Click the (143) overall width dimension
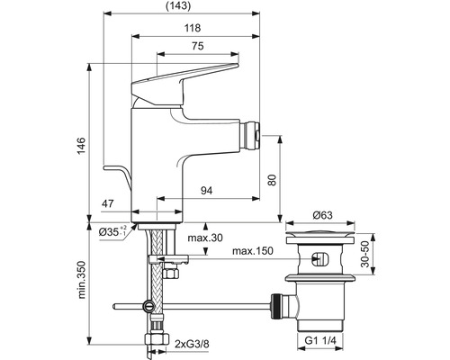coord(178,5)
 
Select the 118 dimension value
coord(193,28)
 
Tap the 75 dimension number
coord(198,46)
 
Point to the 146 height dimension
coord(81,146)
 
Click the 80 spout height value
coord(272,180)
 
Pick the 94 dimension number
coord(206,190)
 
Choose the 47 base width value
coord(107,203)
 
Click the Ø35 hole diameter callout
coord(112,231)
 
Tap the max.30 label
coord(205,238)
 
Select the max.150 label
coord(253,250)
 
